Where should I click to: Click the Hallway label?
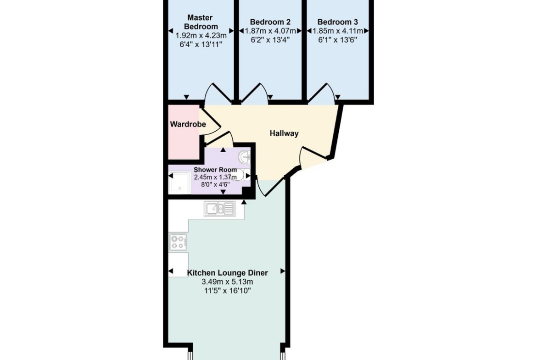[284, 133]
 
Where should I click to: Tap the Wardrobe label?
[188, 124]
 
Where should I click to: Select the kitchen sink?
[220, 208]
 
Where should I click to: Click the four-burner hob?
[178, 242]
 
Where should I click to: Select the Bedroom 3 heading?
[338, 22]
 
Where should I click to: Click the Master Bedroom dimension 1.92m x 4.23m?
[201, 35]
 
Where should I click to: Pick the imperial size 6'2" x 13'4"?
[270, 40]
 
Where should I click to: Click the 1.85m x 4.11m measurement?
[338, 31]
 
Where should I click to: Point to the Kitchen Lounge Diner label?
[227, 273]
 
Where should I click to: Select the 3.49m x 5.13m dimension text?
[227, 282]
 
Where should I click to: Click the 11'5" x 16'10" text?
[227, 291]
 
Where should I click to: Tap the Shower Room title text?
[215, 170]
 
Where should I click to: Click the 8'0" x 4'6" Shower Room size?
[215, 184]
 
